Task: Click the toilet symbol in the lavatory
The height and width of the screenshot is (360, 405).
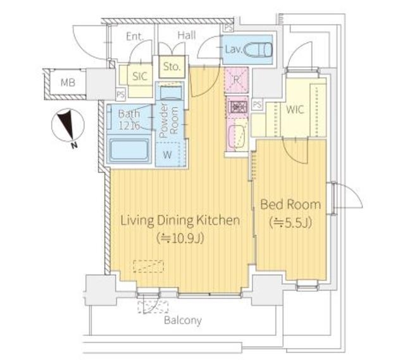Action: point(258,49)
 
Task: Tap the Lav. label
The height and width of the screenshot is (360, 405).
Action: point(234,49)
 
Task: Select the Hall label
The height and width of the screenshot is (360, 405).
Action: point(187,35)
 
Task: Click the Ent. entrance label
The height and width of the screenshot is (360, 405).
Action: point(135,37)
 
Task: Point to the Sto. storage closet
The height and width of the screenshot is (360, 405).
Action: point(171,67)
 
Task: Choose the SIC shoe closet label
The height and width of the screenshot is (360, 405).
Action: point(140,76)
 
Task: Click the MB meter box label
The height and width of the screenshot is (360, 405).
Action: point(68,83)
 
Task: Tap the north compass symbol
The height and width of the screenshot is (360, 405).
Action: point(68,126)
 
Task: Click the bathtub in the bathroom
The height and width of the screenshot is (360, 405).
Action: point(129,151)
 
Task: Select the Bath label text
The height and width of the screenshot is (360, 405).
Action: point(129,114)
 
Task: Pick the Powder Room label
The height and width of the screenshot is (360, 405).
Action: point(168,120)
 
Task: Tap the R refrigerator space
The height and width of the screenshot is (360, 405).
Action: point(236,80)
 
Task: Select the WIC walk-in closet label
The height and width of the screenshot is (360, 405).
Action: point(295,109)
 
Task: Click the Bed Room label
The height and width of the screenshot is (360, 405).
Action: point(290,204)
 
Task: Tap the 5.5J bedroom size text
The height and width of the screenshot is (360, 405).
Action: point(290,223)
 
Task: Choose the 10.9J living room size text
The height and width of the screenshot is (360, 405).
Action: point(180,238)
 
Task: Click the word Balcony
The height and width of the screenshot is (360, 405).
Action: point(183,321)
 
